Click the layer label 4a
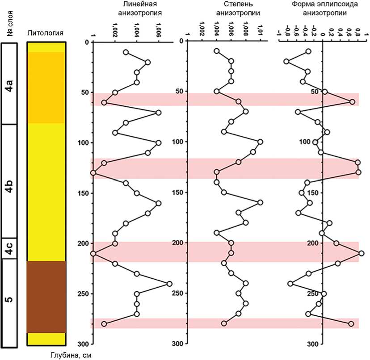coord(9,84)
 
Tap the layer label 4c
coord(9,249)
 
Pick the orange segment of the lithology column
coord(46,87)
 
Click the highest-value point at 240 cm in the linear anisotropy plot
coord(169,284)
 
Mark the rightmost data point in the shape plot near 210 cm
coord(361,253)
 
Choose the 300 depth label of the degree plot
coord(178,343)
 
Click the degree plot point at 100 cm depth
coord(260,142)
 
